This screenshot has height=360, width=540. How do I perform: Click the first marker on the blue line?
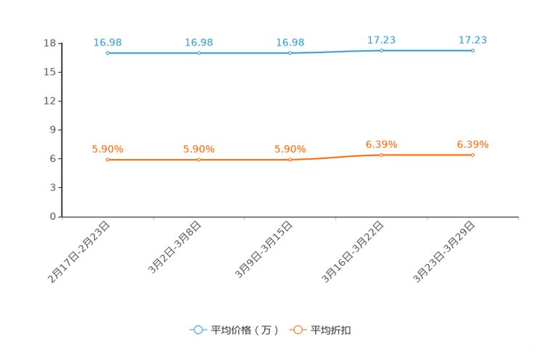pyautogui.click(x=107, y=53)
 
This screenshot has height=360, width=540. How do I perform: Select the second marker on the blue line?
pyautogui.click(x=199, y=53)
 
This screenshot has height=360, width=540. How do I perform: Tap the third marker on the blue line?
pyautogui.click(x=290, y=53)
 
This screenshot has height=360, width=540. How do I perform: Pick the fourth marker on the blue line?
pyautogui.click(x=381, y=50)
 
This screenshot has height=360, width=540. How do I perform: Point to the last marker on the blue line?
pyautogui.click(x=472, y=50)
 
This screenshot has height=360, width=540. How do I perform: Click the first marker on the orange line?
pyautogui.click(x=107, y=159)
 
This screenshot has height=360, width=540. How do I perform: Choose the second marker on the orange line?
pyautogui.click(x=199, y=159)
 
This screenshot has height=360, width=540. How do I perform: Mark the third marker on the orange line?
pyautogui.click(x=290, y=159)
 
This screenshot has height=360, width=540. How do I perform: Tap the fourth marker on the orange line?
pyautogui.click(x=381, y=155)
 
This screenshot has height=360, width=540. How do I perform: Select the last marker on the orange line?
pyautogui.click(x=472, y=155)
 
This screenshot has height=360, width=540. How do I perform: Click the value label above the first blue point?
pyautogui.click(x=107, y=42)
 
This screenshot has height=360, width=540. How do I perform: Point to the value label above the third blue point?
pyautogui.click(x=290, y=42)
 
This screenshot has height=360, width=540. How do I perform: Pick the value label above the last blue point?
pyautogui.click(x=472, y=39)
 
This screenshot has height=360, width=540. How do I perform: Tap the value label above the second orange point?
pyautogui.click(x=199, y=150)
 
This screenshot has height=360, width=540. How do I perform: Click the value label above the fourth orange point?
pyautogui.click(x=381, y=144)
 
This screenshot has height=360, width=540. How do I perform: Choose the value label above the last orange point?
pyautogui.click(x=472, y=144)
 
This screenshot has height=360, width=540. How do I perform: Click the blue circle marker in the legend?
pyautogui.click(x=198, y=330)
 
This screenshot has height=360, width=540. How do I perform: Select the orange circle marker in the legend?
pyautogui.click(x=297, y=330)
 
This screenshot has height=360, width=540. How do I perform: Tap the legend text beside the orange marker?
pyautogui.click(x=332, y=330)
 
